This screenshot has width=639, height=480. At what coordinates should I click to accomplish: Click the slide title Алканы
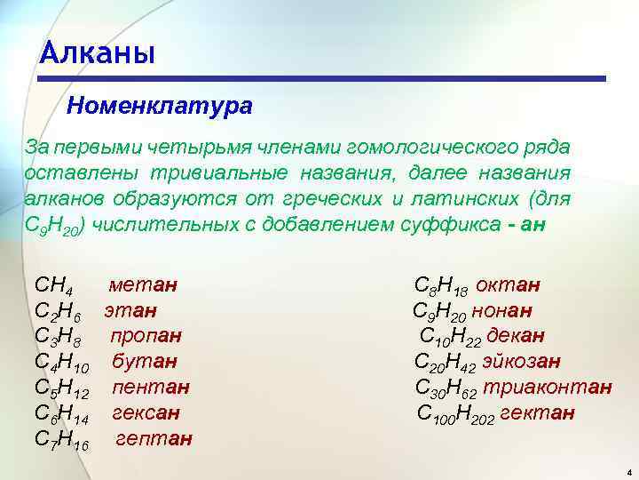(98, 53)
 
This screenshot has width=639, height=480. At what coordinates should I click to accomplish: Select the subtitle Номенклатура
(160, 107)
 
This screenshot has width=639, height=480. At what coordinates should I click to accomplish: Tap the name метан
(143, 285)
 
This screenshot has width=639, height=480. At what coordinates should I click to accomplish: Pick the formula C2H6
(59, 312)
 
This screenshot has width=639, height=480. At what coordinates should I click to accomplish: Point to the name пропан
(146, 337)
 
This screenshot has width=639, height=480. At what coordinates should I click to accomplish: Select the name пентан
(151, 388)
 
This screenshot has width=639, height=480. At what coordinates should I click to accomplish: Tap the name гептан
(154, 439)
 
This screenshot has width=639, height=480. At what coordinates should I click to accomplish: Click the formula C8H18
(442, 286)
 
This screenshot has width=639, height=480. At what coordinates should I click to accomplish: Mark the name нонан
(502, 311)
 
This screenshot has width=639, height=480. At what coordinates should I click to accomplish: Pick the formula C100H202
(455, 413)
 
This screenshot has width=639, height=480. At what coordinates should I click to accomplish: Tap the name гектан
(537, 413)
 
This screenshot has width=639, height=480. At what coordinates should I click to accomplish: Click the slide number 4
(627, 469)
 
